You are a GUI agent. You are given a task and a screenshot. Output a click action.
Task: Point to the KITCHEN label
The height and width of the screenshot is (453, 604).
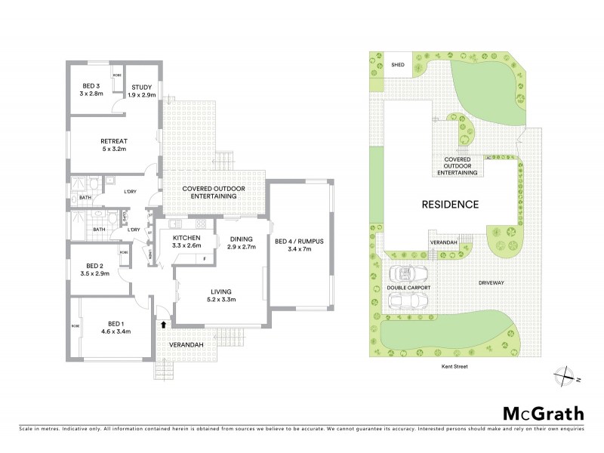pyautogui.click(x=186, y=237)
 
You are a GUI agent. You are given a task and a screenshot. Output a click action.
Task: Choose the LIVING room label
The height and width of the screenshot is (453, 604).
pyautogui.click(x=221, y=291)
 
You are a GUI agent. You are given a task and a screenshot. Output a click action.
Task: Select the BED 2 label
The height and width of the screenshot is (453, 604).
pyautogui.click(x=94, y=266)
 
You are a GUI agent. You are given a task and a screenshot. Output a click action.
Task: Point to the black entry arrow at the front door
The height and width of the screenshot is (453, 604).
pyautogui.click(x=164, y=324)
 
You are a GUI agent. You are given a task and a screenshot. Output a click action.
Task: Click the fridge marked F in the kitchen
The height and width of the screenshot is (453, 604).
pyautogui.click(x=205, y=259)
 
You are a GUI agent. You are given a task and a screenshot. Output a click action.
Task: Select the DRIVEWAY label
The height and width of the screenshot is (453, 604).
pyautogui.click(x=492, y=282)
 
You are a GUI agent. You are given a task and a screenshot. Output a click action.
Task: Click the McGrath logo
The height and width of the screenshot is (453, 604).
pyautogui.click(x=543, y=413)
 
